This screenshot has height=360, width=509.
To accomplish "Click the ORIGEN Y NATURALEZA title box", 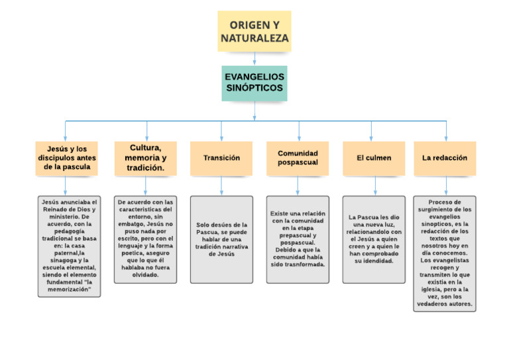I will (254, 31).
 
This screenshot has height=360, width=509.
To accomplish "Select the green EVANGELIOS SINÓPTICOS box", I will (254, 82).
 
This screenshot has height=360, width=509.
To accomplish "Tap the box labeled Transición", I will (221, 158).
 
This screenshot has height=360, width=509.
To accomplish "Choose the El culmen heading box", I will (374, 158).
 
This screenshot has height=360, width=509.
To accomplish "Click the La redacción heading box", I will (445, 158).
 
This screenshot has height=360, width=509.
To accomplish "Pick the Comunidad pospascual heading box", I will (298, 158).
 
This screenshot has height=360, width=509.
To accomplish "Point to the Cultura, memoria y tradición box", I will (145, 158).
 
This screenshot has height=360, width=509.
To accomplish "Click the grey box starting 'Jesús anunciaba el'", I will (70, 246).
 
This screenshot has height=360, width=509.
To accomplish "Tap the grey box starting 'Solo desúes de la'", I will (221, 239).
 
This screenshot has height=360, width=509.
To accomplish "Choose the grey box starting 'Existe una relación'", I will (298, 239).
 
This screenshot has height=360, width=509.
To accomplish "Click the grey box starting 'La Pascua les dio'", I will (374, 239).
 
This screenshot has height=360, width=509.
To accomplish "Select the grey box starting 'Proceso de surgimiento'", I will (445, 253).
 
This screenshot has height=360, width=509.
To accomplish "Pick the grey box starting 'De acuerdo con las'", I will (145, 239).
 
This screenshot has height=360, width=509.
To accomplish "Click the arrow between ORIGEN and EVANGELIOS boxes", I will (254, 58).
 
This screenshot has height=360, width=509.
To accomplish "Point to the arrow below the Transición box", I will (221, 186).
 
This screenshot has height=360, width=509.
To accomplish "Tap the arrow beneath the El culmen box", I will (374, 186).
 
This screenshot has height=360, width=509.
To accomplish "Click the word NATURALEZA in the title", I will (254, 38).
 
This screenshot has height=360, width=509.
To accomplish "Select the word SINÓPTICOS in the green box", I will (254, 88).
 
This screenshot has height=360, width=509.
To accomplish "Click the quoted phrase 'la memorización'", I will (70, 290).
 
